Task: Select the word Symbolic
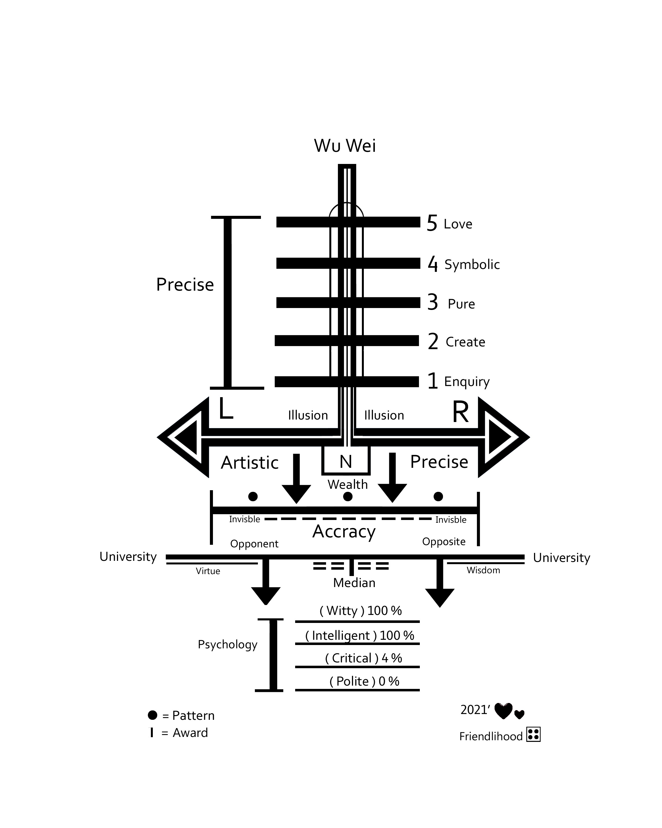(472, 265)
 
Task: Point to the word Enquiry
(467, 381)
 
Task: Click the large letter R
(460, 412)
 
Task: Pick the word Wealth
(347, 485)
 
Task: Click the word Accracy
(344, 532)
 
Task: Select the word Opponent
(254, 544)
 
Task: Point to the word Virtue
(208, 571)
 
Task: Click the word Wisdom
(483, 570)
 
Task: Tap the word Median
(354, 583)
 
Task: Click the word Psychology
(228, 644)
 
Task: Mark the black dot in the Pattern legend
(152, 715)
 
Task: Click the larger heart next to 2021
(503, 711)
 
